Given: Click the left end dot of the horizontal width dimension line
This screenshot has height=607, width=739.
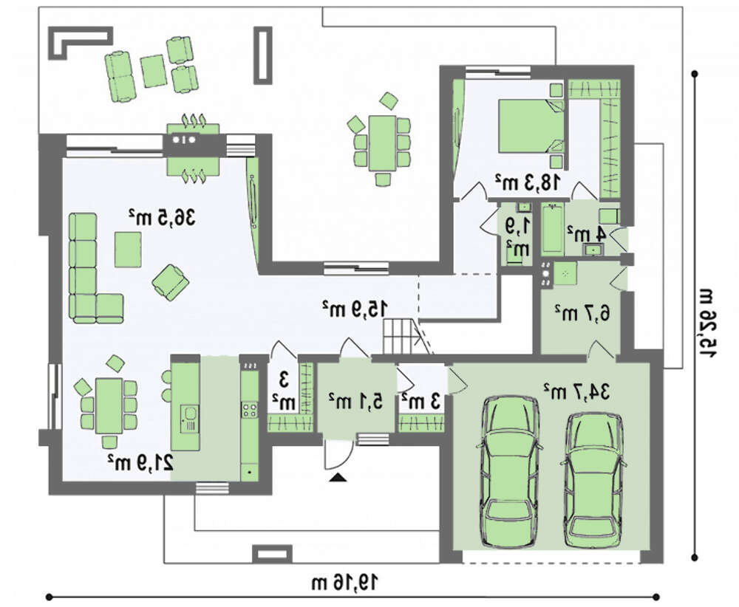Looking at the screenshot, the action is [49, 597].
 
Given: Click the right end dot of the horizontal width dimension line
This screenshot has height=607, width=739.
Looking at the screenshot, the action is [656, 597].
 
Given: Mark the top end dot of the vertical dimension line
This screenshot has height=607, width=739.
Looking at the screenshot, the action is [694, 73].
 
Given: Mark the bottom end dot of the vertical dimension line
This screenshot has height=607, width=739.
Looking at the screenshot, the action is [694, 558].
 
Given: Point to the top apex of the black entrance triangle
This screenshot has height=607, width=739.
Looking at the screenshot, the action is [338, 475].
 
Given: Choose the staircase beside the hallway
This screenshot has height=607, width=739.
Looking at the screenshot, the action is [401, 336].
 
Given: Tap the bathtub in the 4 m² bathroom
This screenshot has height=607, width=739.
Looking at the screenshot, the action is [553, 230].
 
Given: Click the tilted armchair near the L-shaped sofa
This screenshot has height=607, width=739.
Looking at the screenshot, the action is [171, 281].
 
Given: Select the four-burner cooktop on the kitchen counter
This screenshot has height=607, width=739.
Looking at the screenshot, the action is [249, 409].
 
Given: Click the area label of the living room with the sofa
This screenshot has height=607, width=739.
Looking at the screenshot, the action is [162, 218].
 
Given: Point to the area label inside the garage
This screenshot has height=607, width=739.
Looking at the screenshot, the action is [577, 391].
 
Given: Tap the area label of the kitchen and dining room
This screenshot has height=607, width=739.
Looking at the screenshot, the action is [140, 462].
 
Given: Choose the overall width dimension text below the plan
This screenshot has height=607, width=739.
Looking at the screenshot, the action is [344, 583].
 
